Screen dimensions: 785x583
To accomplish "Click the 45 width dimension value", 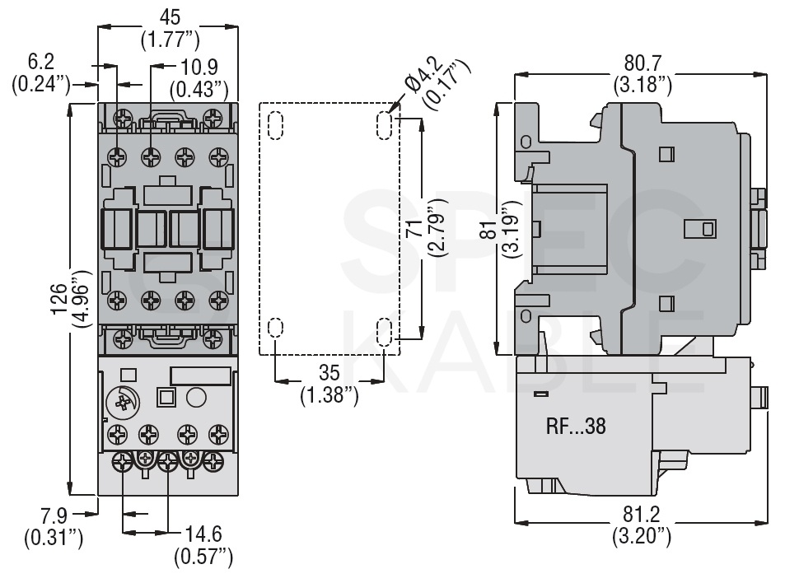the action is point(169,17).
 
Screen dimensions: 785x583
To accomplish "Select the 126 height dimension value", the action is point(58,299).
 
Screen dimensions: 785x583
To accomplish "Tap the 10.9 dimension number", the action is point(199,67).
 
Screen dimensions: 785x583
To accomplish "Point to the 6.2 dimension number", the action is point(41,62).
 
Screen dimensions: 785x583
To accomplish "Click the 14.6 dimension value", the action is point(203,534).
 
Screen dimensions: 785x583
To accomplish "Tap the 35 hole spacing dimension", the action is point(329,373).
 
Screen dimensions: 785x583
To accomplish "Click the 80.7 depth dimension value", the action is point(642,63).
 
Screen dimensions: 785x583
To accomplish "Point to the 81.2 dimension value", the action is point(642,515).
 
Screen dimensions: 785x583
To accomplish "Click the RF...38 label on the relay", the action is point(576,427).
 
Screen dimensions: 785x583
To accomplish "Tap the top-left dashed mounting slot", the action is point(276,125).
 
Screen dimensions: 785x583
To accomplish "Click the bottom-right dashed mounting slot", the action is point(384,333).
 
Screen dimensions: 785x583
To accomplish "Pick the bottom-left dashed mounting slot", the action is point(276,327).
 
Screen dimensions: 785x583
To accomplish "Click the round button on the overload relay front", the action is point(196,398).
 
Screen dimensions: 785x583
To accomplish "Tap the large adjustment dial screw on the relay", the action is point(123,402).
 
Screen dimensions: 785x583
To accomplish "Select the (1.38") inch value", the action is point(329,395).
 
